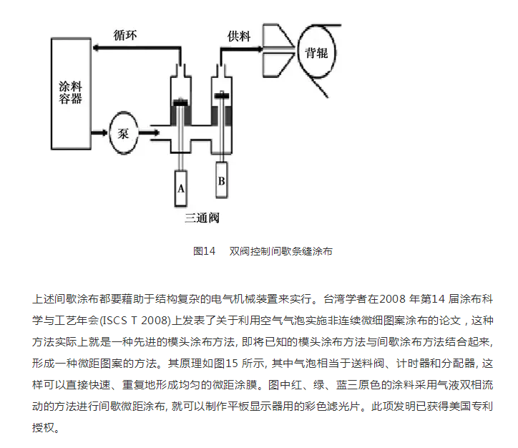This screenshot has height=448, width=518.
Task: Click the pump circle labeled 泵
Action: coord(123,133)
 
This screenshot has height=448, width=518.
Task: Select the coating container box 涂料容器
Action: coord(71,90)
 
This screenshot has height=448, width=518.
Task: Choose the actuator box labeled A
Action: coord(181,188)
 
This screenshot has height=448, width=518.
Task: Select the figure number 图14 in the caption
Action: coord(204,251)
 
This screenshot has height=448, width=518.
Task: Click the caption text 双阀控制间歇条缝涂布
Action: coord(280,251)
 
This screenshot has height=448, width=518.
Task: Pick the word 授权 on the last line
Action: coord(47,431)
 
